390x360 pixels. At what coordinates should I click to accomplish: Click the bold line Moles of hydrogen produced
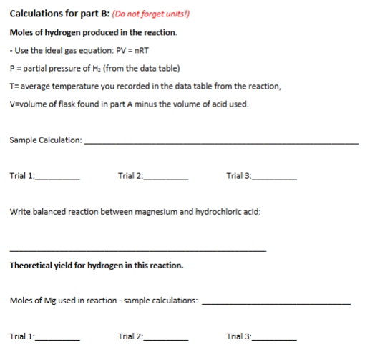click(94, 33)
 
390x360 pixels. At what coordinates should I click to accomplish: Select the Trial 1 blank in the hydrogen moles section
click(58, 178)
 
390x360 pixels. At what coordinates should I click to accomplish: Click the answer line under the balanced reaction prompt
click(137, 250)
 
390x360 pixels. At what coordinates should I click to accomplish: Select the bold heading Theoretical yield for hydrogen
click(97, 266)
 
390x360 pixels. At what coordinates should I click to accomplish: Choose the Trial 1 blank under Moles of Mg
click(58, 339)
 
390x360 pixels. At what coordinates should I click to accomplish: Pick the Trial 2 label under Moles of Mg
click(131, 336)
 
